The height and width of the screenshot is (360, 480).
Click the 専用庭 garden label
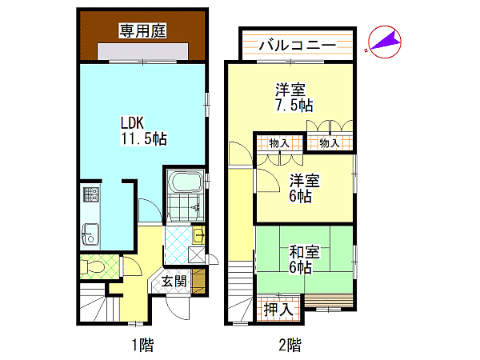[x=142, y=30]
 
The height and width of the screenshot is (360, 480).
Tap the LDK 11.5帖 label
[x=143, y=130]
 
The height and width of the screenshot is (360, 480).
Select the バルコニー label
[x=298, y=46]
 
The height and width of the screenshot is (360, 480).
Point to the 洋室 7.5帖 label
[x=294, y=98]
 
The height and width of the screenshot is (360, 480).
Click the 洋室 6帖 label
[x=305, y=188]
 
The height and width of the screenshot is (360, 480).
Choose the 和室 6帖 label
[x=305, y=259]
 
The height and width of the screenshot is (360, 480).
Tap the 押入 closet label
[x=278, y=309]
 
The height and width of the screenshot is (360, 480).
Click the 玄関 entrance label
[x=174, y=281]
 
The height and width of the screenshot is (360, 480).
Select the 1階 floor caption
[x=142, y=345]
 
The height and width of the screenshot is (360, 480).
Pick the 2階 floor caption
[x=290, y=345]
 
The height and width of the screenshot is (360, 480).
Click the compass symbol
[x=385, y=42]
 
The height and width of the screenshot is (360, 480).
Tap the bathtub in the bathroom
[x=186, y=182]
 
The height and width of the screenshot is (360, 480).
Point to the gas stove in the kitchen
[x=91, y=194]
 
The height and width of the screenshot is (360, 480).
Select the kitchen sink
[x=90, y=234]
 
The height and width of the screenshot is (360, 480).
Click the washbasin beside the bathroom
[x=198, y=235]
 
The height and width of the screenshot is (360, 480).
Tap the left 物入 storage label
[x=279, y=143]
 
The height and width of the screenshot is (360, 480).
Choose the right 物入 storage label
[x=330, y=143]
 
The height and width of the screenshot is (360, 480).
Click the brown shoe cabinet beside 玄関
[x=198, y=281]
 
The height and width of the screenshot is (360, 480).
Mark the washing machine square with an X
[x=197, y=254]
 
